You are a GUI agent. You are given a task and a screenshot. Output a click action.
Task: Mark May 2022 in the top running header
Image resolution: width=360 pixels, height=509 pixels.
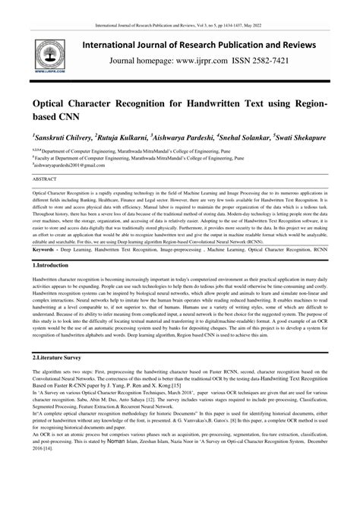click(257, 6)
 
